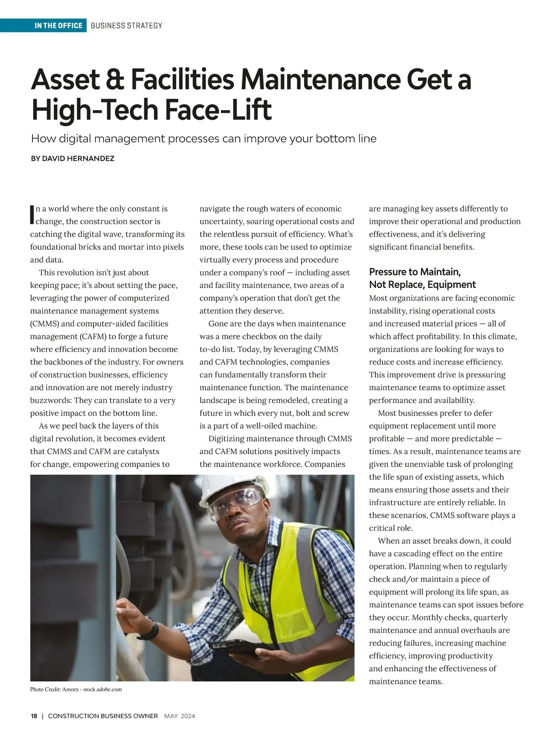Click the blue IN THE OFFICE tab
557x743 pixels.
(x=58, y=26)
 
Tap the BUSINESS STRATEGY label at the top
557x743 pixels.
(x=126, y=26)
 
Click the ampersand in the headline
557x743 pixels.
(x=111, y=80)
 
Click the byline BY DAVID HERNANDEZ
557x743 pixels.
(x=72, y=158)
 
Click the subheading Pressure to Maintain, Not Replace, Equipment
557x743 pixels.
(x=422, y=278)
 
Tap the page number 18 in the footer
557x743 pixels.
(x=34, y=716)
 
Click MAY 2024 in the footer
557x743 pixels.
(x=179, y=716)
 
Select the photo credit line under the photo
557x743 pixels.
(x=76, y=689)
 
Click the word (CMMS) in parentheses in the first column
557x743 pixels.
(x=45, y=324)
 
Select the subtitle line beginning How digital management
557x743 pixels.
(x=203, y=138)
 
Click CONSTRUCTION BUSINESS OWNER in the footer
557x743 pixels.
(x=103, y=716)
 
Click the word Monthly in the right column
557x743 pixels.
(x=427, y=618)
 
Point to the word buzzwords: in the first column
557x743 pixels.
(x=51, y=400)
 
